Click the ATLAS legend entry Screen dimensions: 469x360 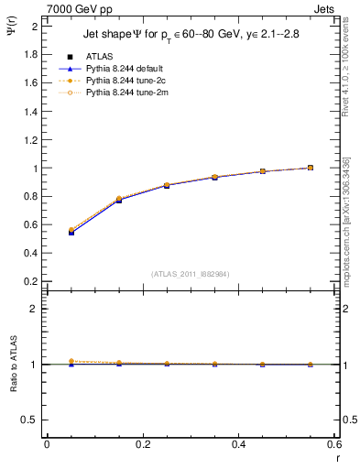pos(99,57)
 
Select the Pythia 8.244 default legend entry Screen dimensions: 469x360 pos(125,69)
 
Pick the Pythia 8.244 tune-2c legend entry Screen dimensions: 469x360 pos(124,81)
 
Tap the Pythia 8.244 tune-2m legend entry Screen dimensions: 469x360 pos(124,93)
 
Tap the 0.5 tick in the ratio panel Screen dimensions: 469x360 pos(32,420)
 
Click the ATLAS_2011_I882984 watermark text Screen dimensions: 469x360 pos(191,274)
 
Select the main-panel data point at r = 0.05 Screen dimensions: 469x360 pos(71,232)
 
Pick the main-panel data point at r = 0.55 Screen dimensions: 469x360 pos(311,168)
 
